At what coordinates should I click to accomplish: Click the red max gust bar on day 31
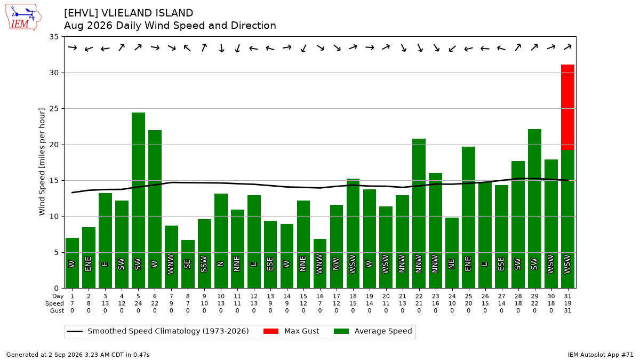click(567, 107)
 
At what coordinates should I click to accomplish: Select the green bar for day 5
click(138, 201)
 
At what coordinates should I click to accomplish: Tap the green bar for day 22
click(419, 213)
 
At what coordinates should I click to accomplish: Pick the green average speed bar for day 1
click(73, 263)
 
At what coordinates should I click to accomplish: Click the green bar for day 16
click(319, 263)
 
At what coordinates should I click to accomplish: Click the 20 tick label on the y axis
click(54, 145)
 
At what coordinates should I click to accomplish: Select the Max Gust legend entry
click(291, 331)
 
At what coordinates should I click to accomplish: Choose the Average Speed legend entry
click(373, 331)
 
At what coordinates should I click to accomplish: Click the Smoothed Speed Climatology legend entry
click(158, 331)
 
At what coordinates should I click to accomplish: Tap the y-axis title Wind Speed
click(42, 162)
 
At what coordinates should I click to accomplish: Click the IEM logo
click(23, 18)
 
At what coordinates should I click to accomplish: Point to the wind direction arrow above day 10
click(221, 47)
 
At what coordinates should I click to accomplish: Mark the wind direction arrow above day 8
click(187, 48)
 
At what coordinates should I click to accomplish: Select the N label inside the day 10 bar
click(220, 263)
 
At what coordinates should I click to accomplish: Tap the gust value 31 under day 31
click(567, 310)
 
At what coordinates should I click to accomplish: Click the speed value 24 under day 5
click(138, 303)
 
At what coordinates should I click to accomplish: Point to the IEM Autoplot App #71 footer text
click(601, 355)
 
